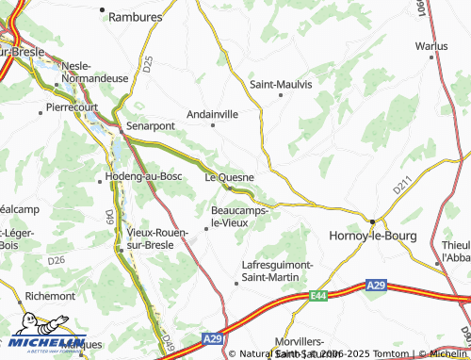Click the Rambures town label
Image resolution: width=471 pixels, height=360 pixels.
coord(137,16)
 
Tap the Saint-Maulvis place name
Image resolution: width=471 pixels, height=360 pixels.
coord(281,83)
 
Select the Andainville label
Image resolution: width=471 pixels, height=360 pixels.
coord(213,112)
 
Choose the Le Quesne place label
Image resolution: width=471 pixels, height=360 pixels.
coord(230,175)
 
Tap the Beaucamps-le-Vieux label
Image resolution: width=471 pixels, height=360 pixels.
coord(241,216)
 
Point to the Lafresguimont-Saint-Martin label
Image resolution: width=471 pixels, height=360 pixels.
coord(277,270)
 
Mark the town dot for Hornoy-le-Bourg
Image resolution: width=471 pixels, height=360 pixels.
coord(373,222)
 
